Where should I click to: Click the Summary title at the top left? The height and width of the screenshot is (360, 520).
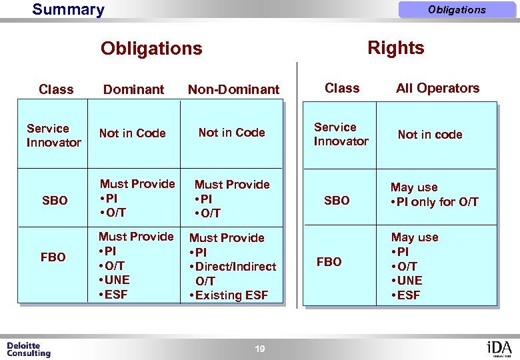[68, 10]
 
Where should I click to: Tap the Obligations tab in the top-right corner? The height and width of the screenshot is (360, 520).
[457, 10]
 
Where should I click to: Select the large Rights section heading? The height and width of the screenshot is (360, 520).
[396, 48]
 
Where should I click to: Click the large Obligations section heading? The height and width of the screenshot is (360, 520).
[151, 49]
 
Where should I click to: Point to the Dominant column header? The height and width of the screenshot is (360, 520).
[134, 89]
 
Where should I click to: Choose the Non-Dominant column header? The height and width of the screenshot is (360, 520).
[233, 89]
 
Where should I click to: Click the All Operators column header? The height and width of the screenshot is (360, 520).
[437, 88]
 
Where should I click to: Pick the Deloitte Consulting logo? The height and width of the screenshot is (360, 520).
[28, 349]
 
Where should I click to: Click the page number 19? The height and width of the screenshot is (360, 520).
[260, 349]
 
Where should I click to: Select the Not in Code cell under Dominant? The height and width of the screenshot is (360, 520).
[132, 133]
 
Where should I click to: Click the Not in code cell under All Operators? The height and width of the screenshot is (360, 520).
[429, 135]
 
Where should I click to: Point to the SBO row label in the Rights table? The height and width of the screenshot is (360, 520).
[336, 201]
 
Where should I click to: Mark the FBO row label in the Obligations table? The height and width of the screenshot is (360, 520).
[53, 257]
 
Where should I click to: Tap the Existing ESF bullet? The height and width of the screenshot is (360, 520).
[231, 295]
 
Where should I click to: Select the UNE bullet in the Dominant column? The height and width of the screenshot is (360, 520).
[116, 280]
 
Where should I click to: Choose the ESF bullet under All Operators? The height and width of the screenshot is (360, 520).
[408, 295]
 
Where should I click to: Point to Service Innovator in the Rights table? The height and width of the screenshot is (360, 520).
[341, 134]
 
